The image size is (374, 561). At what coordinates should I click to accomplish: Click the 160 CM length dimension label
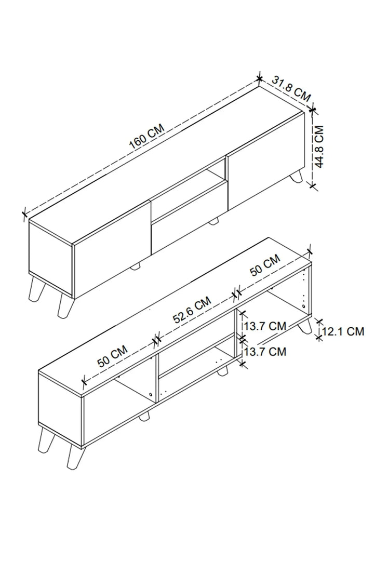click(x=146, y=137)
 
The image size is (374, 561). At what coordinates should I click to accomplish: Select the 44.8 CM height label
click(x=318, y=146)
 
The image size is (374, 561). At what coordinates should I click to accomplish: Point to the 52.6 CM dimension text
click(x=193, y=310)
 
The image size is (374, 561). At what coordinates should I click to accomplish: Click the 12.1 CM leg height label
click(x=343, y=331)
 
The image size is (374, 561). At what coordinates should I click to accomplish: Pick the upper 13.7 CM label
click(x=265, y=326)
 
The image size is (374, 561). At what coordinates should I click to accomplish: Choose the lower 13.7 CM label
click(x=265, y=351)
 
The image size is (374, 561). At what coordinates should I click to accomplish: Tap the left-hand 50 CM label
click(x=113, y=356)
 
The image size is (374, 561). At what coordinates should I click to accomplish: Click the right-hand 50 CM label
click(x=265, y=265)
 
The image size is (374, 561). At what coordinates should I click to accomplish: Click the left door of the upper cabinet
click(x=112, y=249)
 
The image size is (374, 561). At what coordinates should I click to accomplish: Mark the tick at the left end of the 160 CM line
click(x=25, y=214)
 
